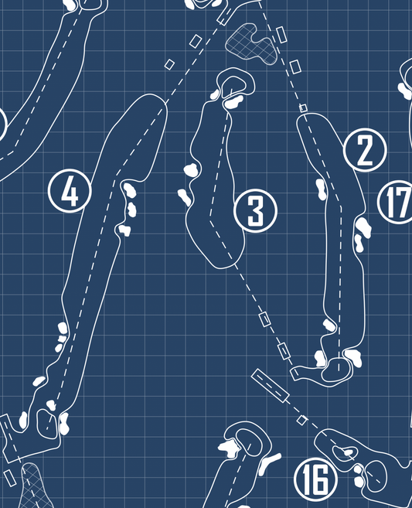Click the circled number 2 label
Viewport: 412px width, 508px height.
point(365,150)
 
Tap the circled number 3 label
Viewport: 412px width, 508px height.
point(255,210)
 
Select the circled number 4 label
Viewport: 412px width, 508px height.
point(70,191)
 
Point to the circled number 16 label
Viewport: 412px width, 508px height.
point(316,479)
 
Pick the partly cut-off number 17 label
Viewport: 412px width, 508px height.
point(396,202)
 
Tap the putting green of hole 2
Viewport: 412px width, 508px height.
point(336,370)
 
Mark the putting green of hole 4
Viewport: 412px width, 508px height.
point(47,424)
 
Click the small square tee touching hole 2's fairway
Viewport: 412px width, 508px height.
point(303,108)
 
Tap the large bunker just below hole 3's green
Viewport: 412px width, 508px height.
point(233,102)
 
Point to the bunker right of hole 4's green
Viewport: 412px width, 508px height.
point(64,424)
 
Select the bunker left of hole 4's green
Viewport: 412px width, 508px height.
point(23,420)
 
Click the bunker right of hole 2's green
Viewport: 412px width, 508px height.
point(353,358)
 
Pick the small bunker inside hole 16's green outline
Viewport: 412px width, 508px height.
point(349,452)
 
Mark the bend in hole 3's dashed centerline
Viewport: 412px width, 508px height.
point(210,220)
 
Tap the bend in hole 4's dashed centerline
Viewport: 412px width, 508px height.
point(117,176)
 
